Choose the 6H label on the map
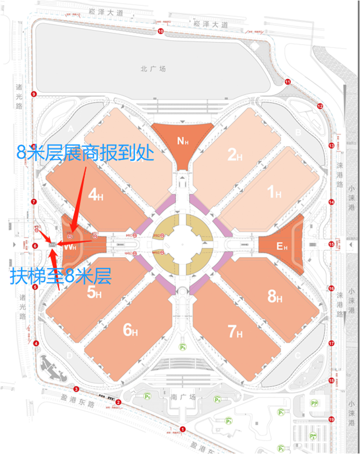[130, 330]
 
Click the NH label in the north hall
[182, 140]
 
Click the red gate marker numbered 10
[160, 32]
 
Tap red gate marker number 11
[288, 81]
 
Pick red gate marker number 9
[34, 94]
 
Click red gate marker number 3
[76, 389]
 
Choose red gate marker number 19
[331, 419]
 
